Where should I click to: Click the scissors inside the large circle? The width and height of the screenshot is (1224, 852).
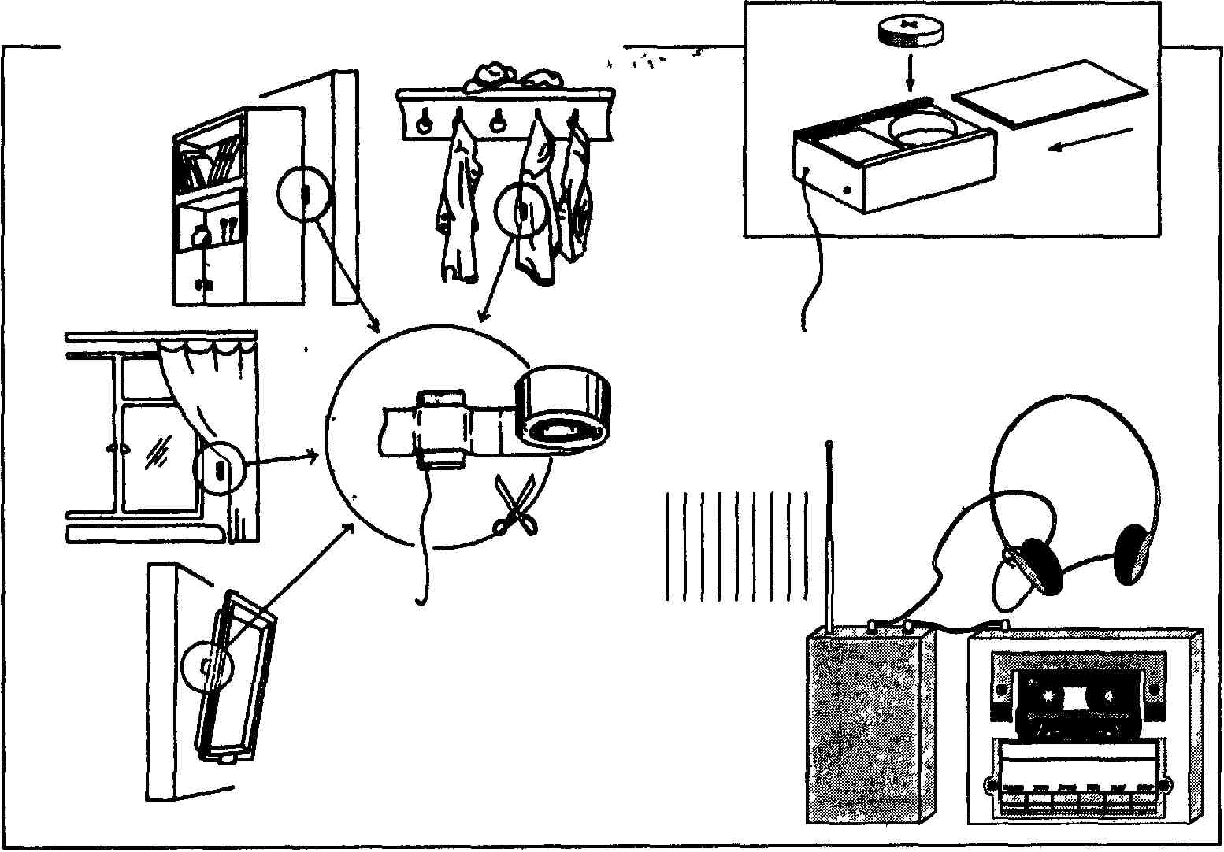tap(515, 506)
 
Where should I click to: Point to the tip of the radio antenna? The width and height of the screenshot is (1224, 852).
tap(829, 445)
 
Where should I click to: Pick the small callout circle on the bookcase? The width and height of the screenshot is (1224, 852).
tap(305, 193)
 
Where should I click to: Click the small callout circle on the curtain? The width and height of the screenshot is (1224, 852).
tap(220, 469)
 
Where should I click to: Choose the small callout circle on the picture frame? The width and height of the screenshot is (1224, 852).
tap(208, 665)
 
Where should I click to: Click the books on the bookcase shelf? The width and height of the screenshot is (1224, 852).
tap(211, 163)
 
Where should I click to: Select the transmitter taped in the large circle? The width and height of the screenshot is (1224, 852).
tap(443, 428)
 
